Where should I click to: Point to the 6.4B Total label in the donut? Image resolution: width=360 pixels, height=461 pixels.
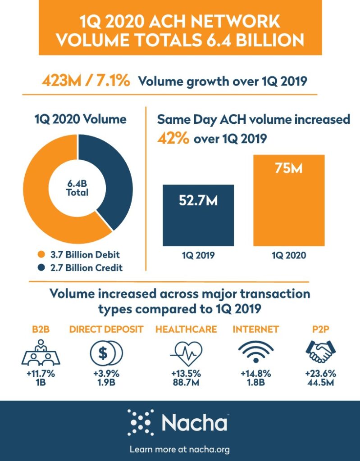coord(78,188)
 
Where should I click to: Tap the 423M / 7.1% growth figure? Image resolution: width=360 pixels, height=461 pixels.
coord(86,81)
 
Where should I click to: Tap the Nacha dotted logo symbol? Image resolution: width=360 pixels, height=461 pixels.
coord(141,422)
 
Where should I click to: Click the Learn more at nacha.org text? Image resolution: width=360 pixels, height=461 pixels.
coord(180,449)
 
